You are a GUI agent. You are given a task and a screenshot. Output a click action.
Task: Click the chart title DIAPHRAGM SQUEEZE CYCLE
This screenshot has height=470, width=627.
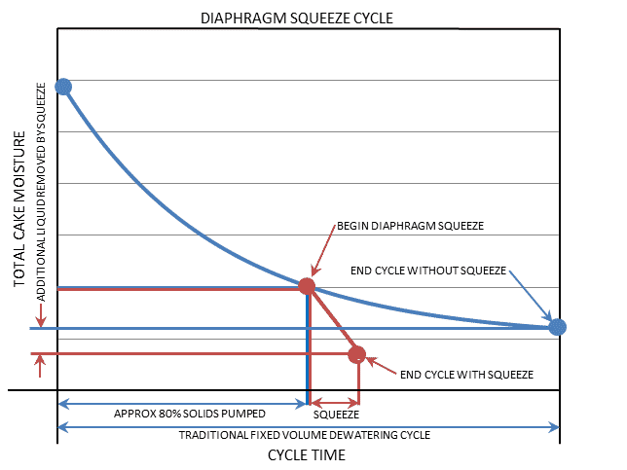(310, 18)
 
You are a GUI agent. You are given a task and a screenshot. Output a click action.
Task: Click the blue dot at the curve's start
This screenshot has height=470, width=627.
(63, 87)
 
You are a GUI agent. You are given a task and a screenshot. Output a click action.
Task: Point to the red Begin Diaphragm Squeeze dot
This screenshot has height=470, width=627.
(307, 286)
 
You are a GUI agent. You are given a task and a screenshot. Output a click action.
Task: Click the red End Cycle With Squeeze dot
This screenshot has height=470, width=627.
(357, 354)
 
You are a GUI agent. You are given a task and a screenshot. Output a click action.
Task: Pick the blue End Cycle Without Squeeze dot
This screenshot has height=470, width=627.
(557, 327)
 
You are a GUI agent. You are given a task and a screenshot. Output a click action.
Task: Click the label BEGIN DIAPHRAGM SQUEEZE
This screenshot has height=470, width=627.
(410, 226)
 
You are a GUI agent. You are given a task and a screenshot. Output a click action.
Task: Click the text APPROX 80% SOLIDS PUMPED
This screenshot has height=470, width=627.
(176, 413)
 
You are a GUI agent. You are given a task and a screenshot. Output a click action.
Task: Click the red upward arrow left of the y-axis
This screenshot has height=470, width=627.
(40, 365)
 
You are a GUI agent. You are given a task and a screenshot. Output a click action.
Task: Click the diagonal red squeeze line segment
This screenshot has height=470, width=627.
(332, 320)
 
